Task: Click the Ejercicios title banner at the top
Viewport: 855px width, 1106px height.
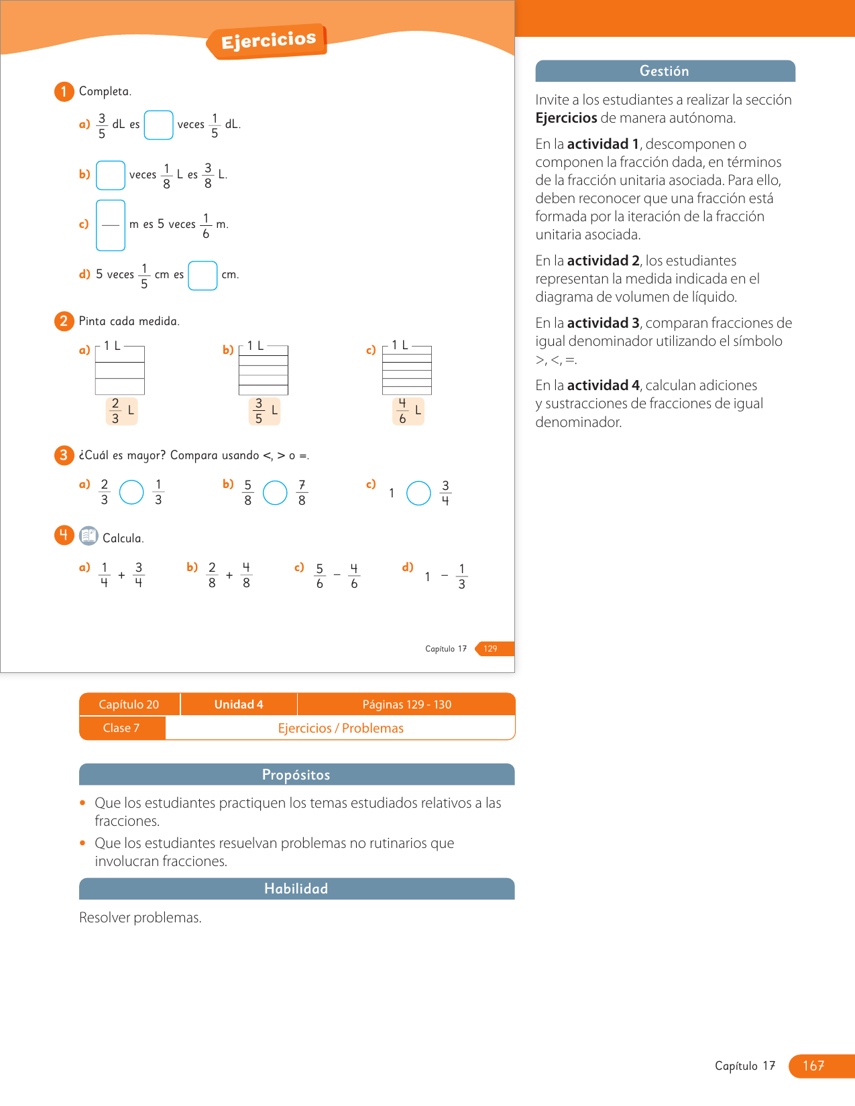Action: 268,41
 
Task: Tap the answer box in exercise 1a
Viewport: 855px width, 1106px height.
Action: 159,125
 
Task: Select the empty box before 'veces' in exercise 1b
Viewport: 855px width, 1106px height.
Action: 111,175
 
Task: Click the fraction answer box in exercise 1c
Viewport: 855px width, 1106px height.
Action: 111,225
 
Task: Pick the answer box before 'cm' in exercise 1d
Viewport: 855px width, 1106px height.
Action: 203,275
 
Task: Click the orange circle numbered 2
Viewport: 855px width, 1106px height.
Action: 64,321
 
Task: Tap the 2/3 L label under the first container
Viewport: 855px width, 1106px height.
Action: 121,411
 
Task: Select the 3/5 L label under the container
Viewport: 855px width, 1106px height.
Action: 264,411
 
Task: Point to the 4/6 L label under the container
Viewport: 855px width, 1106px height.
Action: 408,411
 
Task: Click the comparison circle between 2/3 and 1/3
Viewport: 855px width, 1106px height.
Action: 131,492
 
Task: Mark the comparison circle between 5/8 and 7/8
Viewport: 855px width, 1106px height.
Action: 275,493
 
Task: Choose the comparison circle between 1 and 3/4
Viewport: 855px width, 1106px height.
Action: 418,493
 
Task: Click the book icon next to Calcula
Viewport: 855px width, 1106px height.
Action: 89,536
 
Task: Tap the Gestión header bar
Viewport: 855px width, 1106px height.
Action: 665,71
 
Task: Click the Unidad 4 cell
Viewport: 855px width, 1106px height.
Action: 239,704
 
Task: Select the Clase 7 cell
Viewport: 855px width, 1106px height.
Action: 121,728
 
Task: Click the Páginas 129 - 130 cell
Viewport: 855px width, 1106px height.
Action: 406,704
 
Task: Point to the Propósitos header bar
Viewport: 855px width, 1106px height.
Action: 296,775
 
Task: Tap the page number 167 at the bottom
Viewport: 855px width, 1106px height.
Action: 813,1066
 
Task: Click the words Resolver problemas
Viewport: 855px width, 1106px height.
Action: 140,918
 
